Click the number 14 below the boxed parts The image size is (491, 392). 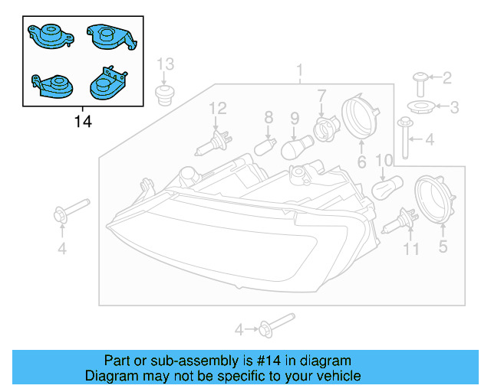click(x=83, y=122)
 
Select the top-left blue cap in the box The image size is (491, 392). click(x=48, y=38)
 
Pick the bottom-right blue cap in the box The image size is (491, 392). click(x=104, y=83)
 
